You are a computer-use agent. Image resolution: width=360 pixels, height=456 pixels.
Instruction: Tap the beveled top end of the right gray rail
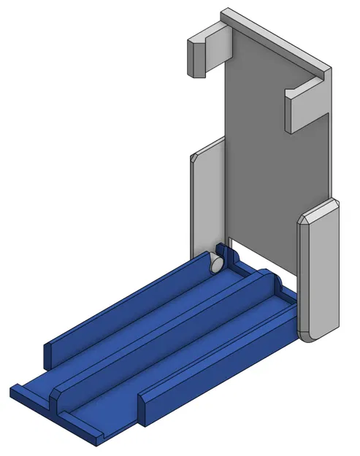[318, 212]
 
